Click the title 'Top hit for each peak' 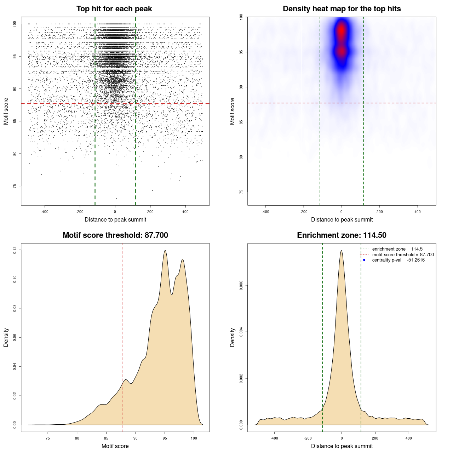click(114, 9)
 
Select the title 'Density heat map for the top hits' click(342, 9)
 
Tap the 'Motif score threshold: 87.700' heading click(115, 235)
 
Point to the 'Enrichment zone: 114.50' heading click(342, 235)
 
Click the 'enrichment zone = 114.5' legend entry click(397, 249)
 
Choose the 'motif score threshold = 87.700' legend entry click(403, 255)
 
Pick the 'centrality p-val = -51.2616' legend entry click(398, 260)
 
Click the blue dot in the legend click(364, 260)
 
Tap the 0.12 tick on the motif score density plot click(15, 250)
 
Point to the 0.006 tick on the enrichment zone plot click(241, 286)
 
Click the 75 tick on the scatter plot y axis click(15, 186)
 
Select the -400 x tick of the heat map click(265, 212)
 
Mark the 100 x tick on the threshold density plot click(194, 438)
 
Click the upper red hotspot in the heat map click(342, 30)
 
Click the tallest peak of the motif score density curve click(165, 251)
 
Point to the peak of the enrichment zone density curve click(342, 251)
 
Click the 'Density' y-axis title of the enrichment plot click(233, 337)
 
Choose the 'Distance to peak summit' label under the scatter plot click(115, 220)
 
